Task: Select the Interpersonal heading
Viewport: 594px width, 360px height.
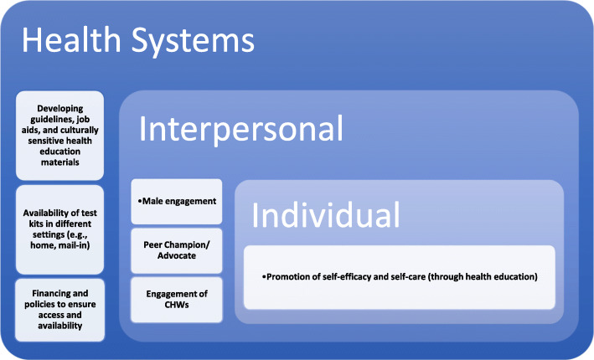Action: pos(241,129)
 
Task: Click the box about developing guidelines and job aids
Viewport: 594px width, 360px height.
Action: pos(59,135)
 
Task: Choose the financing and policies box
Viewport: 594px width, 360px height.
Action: pos(59,310)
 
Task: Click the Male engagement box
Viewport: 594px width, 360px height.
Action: pos(177,201)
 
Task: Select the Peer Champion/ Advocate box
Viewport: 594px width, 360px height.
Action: pos(177,249)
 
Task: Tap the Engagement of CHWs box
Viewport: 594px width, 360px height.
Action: pos(177,299)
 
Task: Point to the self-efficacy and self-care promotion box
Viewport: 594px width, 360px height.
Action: pos(399,276)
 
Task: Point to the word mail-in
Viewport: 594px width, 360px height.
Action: pos(75,247)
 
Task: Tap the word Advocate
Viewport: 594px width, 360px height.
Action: pos(177,255)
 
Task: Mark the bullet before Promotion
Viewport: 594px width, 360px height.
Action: pos(266,276)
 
